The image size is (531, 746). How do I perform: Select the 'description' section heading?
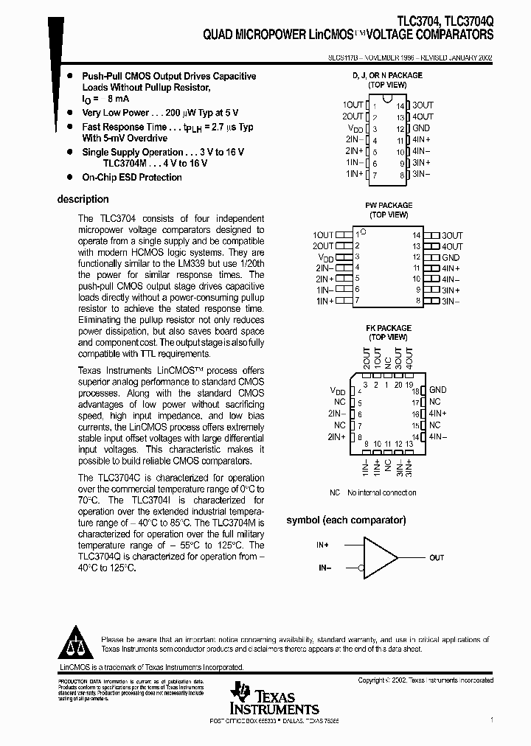pos(83,199)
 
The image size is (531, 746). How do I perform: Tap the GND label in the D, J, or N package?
pos(421,128)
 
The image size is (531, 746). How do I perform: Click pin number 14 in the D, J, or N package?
pos(400,106)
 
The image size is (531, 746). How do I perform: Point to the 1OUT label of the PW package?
pos(324,235)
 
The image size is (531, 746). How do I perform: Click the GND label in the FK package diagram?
pos(438,390)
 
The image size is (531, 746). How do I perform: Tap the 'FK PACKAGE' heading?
pos(389,328)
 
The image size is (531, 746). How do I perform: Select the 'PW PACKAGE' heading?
pos(389,206)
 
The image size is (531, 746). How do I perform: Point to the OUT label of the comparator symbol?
pos(437,558)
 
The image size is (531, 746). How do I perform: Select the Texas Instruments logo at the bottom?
pos(273,698)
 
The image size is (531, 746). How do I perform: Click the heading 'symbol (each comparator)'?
pos(346,520)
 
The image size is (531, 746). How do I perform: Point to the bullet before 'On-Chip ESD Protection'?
pos(69,178)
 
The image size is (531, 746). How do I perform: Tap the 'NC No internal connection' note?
pos(372,492)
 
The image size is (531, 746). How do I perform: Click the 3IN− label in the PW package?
pos(451,301)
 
